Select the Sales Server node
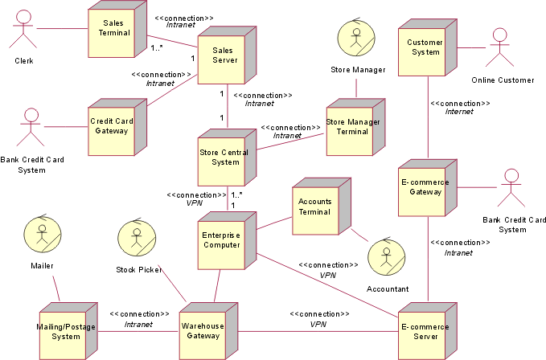[223, 55]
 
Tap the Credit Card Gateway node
[112, 127]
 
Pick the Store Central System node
[223, 158]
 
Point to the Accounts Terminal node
[314, 207]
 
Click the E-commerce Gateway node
[424, 187]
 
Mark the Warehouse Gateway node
[204, 331]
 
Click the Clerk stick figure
[23, 33]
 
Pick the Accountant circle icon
[384, 257]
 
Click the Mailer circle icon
[41, 234]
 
